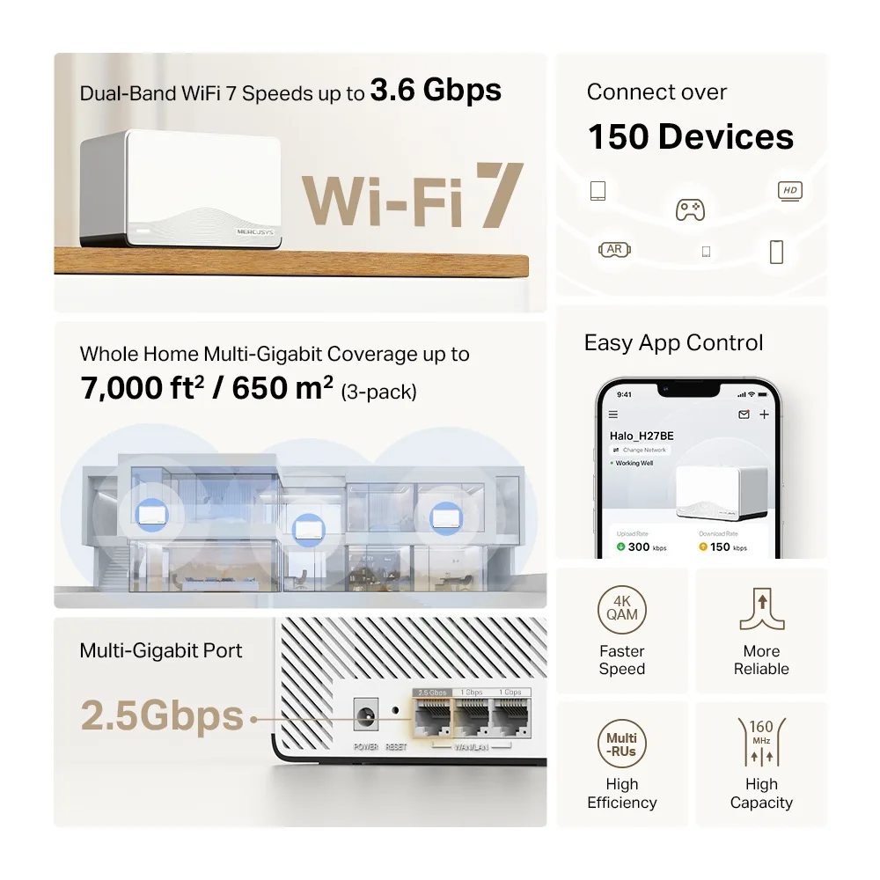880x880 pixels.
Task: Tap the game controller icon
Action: (x=690, y=209)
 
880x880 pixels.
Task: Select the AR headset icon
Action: (x=614, y=250)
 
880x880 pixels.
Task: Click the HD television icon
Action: (x=789, y=190)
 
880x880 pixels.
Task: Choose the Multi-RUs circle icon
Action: (x=621, y=744)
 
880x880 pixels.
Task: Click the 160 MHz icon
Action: (x=761, y=744)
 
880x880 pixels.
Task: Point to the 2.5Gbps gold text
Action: (x=162, y=717)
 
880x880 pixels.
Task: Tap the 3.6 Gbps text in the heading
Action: (x=436, y=91)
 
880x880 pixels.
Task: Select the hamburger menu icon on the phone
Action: (x=613, y=414)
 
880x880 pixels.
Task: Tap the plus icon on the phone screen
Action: (x=764, y=414)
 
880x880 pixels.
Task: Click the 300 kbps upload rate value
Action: (x=640, y=546)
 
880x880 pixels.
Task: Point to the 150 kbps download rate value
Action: (x=721, y=546)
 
